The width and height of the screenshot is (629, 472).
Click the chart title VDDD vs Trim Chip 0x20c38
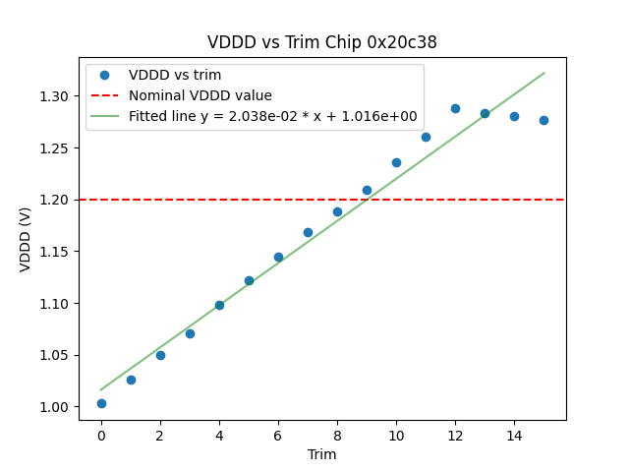pos(321,42)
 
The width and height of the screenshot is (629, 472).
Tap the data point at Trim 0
pos(101,403)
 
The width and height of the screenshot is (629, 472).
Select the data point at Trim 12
pos(455,108)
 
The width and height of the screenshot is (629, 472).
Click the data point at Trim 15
pos(543,120)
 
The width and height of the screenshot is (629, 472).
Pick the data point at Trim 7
pos(308,232)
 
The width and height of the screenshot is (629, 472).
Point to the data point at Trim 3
pos(190,333)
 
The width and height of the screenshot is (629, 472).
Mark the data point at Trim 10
pos(396,162)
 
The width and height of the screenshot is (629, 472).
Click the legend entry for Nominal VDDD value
pos(200,95)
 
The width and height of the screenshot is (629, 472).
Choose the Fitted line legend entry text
pos(272,116)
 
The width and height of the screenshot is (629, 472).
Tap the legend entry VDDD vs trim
pos(175,75)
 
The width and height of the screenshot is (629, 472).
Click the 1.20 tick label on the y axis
pos(55,200)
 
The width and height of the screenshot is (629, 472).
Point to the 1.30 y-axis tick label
pos(55,96)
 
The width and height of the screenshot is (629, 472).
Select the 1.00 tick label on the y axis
pos(55,407)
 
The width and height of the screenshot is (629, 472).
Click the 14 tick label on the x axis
pos(514,435)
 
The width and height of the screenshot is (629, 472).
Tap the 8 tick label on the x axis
pos(337,435)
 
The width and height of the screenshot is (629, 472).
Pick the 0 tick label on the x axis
pos(101,435)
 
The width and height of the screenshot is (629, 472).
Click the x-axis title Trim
pos(321,454)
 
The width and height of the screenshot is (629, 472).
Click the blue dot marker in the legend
pos(104,75)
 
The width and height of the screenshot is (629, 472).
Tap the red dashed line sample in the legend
pos(104,95)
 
